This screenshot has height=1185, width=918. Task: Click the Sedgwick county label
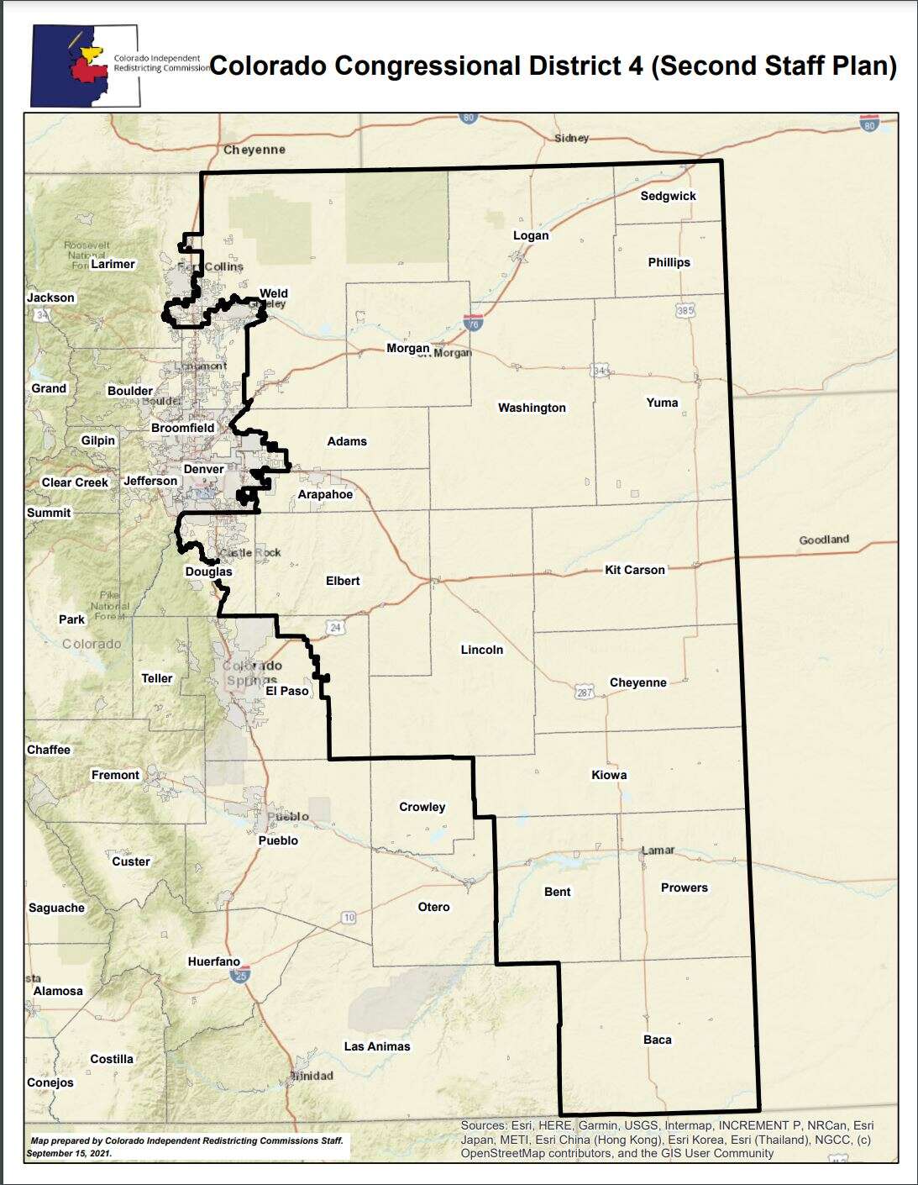point(668,196)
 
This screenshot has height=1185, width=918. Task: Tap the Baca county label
point(657,1040)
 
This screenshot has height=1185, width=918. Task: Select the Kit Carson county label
point(634,570)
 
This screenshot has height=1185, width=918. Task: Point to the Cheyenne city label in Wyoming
point(254,150)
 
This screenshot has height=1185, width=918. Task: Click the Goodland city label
point(823,540)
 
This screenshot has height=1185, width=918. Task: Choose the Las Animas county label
point(377,1046)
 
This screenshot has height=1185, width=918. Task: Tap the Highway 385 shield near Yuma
point(685,310)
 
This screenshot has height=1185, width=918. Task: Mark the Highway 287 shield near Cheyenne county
point(585,693)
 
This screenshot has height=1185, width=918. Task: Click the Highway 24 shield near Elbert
point(336,627)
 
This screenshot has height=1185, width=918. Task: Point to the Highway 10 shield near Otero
point(349,917)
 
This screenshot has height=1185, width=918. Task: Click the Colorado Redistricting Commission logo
point(85,65)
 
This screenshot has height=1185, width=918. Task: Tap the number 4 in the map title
point(635,66)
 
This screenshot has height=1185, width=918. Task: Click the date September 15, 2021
point(69,1153)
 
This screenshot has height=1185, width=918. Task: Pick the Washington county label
point(532,408)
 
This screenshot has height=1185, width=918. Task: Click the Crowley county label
point(422,807)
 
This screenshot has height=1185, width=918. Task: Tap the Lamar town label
point(658,850)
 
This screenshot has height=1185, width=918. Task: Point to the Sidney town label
point(571,138)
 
